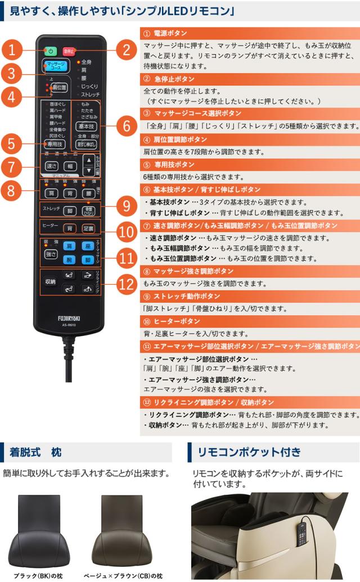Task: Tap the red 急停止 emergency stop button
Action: click(x=69, y=50)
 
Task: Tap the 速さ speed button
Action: click(x=52, y=166)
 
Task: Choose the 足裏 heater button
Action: click(x=88, y=229)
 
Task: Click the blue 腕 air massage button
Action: click(x=69, y=260)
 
